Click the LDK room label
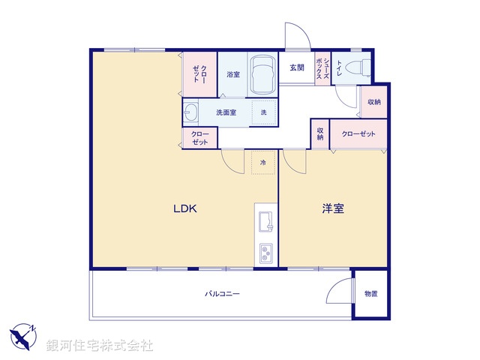(x=184, y=209)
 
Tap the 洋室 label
(x=333, y=209)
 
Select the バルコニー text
(x=223, y=294)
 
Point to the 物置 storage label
(x=371, y=294)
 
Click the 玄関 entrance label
(x=297, y=67)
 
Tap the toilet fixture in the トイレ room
(x=364, y=67)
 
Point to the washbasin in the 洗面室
(x=191, y=112)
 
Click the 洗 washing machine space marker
(x=263, y=112)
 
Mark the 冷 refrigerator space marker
(x=262, y=161)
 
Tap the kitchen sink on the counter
(x=266, y=223)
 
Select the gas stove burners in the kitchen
(x=266, y=253)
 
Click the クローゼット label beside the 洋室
(x=358, y=134)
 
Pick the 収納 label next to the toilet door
(x=373, y=102)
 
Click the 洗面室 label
(x=226, y=112)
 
